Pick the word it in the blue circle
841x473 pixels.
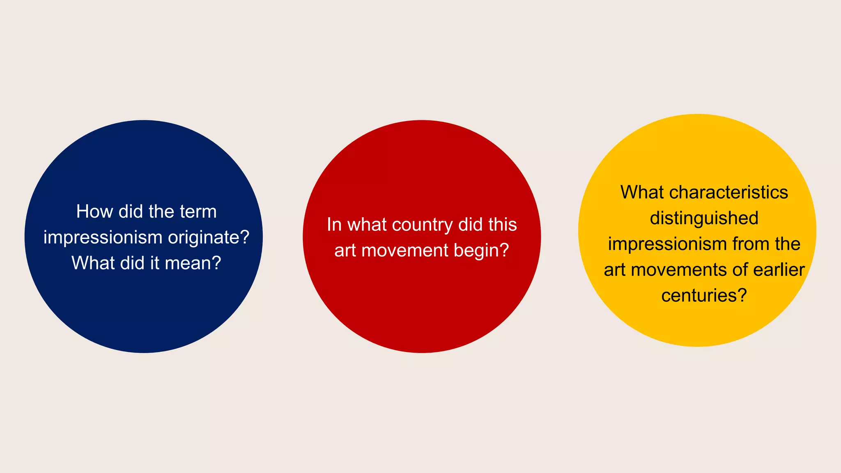(154, 263)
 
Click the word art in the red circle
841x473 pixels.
(345, 250)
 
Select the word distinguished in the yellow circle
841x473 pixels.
(704, 218)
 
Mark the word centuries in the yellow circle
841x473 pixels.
(704, 296)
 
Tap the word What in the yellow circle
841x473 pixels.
(642, 193)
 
